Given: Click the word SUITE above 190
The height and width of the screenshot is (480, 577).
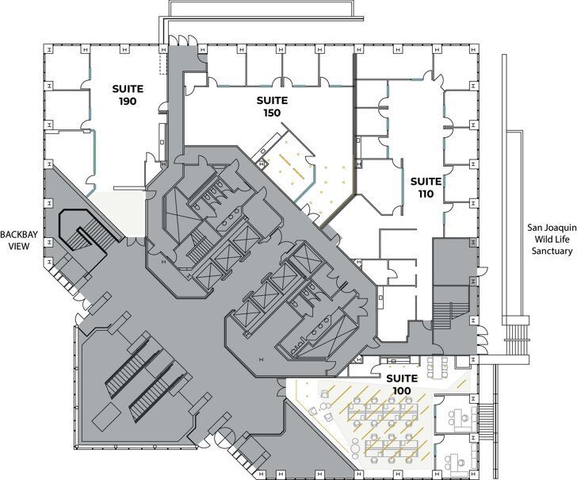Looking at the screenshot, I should [x=126, y=89].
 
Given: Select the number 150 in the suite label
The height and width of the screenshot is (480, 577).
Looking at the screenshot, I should [x=271, y=113].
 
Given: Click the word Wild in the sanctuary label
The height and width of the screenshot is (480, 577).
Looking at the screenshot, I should [x=538, y=239].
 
